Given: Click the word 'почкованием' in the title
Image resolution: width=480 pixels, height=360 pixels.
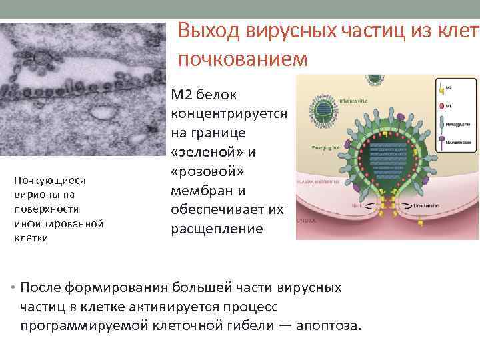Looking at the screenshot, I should (243, 59).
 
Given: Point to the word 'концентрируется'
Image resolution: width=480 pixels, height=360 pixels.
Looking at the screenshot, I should (229, 114).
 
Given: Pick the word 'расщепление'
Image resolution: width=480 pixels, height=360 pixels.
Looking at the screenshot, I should (217, 229).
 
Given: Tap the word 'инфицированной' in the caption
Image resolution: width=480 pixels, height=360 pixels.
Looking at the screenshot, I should (59, 223).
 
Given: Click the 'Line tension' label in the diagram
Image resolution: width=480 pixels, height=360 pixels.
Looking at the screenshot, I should (427, 205).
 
